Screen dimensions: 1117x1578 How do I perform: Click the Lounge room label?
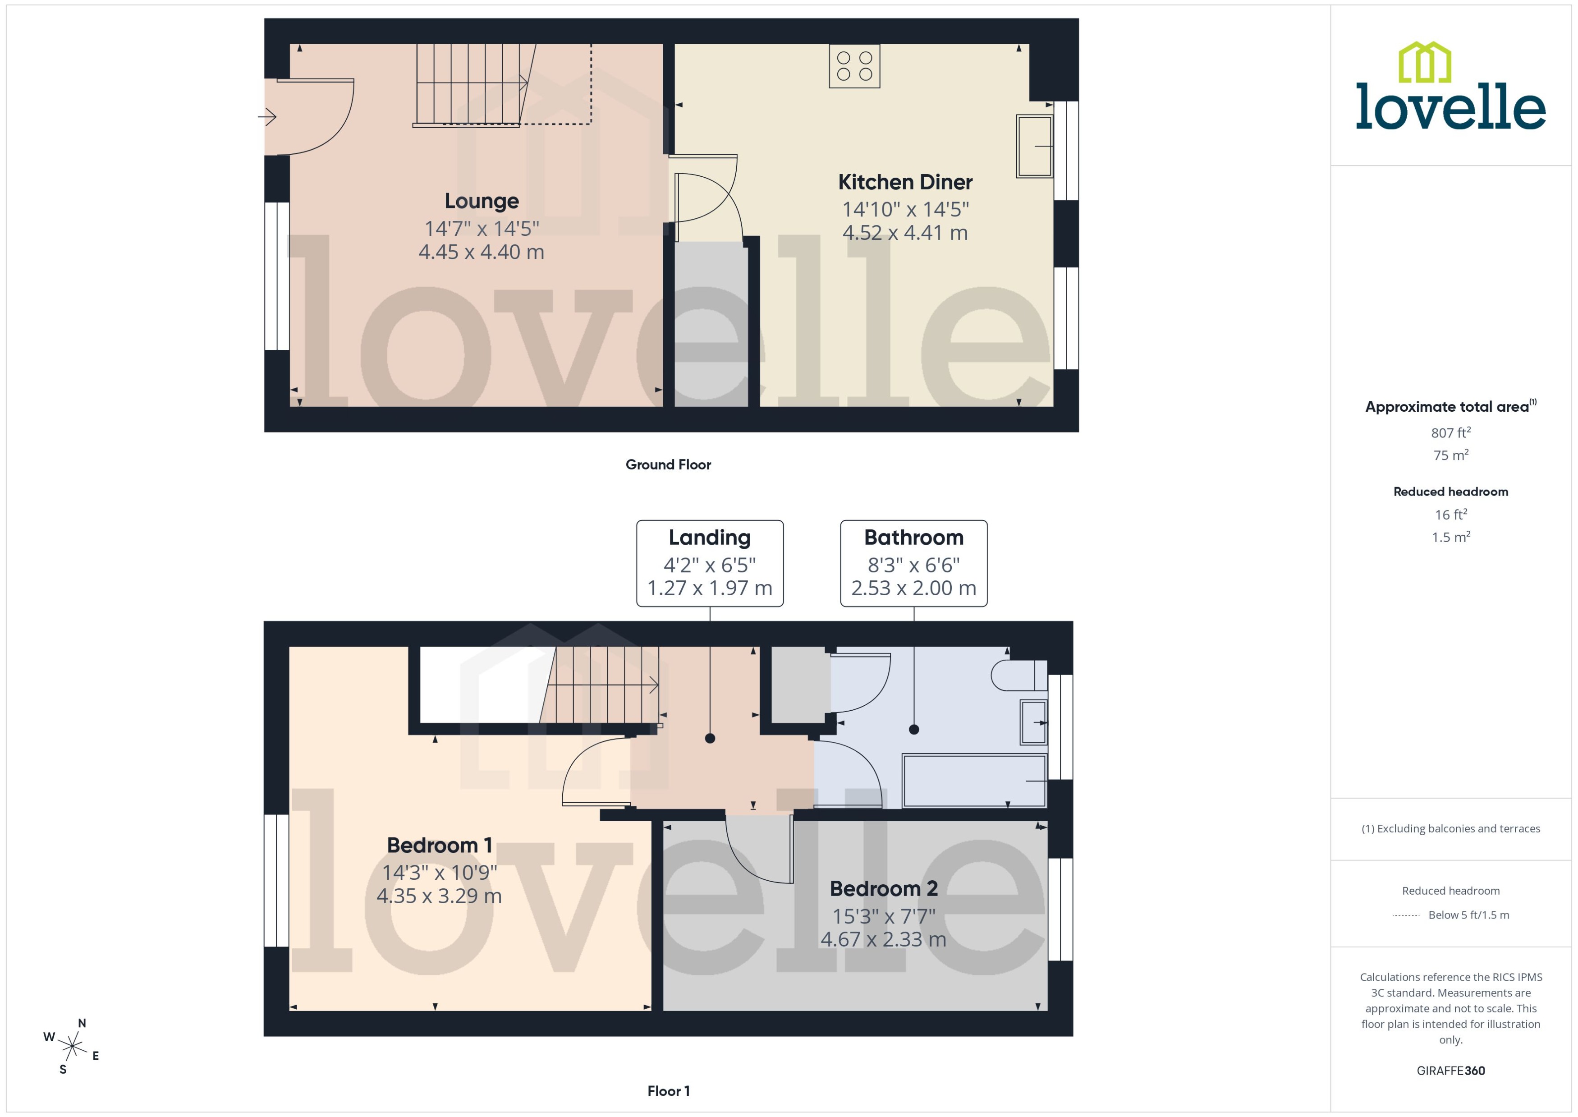482,201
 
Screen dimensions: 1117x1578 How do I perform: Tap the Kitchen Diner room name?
905,182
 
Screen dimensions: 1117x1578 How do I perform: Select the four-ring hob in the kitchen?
854,66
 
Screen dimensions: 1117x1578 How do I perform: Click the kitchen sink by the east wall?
1034,147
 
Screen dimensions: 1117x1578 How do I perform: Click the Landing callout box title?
710,537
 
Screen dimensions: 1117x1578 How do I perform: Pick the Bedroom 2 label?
884,889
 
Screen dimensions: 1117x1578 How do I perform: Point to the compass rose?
72,1047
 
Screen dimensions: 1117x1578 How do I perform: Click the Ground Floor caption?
668,465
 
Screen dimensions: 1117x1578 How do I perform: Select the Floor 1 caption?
668,1091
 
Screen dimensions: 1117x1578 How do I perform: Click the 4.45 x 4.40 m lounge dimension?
482,253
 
